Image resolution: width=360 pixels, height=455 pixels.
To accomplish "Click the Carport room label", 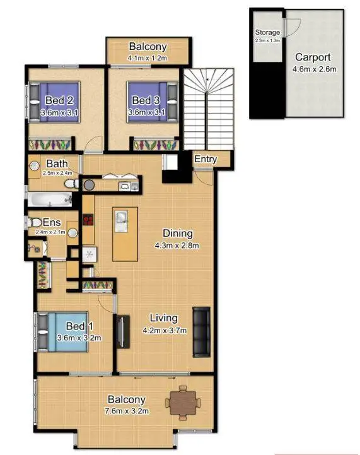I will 312,57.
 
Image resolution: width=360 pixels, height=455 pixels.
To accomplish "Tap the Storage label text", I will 267,32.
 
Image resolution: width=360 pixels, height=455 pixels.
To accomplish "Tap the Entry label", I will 205,159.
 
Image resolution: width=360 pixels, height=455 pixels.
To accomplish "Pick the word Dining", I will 177,233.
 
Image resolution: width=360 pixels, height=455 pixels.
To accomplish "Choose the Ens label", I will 50,222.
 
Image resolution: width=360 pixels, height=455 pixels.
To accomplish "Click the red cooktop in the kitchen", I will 89,222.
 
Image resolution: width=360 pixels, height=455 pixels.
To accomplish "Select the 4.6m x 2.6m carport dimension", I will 313,69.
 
